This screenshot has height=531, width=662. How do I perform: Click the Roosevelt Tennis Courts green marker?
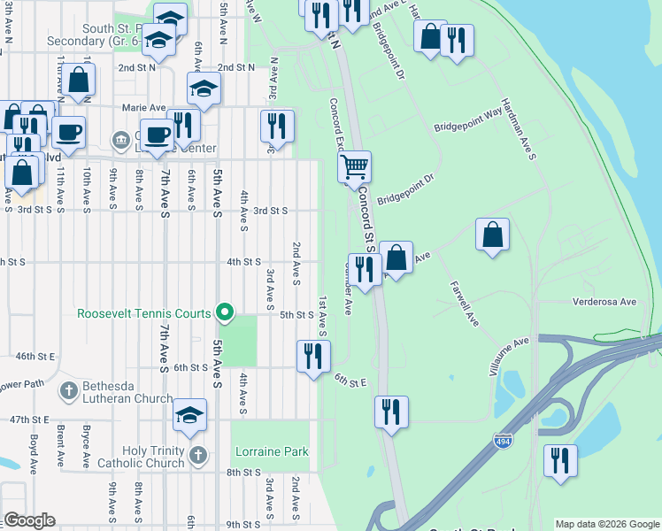click(225, 312)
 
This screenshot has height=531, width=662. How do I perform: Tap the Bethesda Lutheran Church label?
click(128, 392)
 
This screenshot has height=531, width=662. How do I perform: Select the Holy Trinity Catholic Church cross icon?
click(198, 456)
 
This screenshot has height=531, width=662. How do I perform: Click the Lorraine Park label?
click(272, 451)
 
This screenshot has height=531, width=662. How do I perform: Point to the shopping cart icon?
click(354, 165)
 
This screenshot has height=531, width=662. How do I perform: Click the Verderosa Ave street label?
click(604, 302)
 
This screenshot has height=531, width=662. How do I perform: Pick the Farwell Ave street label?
click(464, 304)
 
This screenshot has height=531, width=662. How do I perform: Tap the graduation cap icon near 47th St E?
click(190, 414)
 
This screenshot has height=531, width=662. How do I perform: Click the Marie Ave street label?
click(144, 108)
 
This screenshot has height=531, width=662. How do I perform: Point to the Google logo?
click(28, 520)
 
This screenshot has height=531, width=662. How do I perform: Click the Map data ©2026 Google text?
click(606, 524)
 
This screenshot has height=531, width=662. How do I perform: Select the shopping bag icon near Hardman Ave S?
click(492, 235)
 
